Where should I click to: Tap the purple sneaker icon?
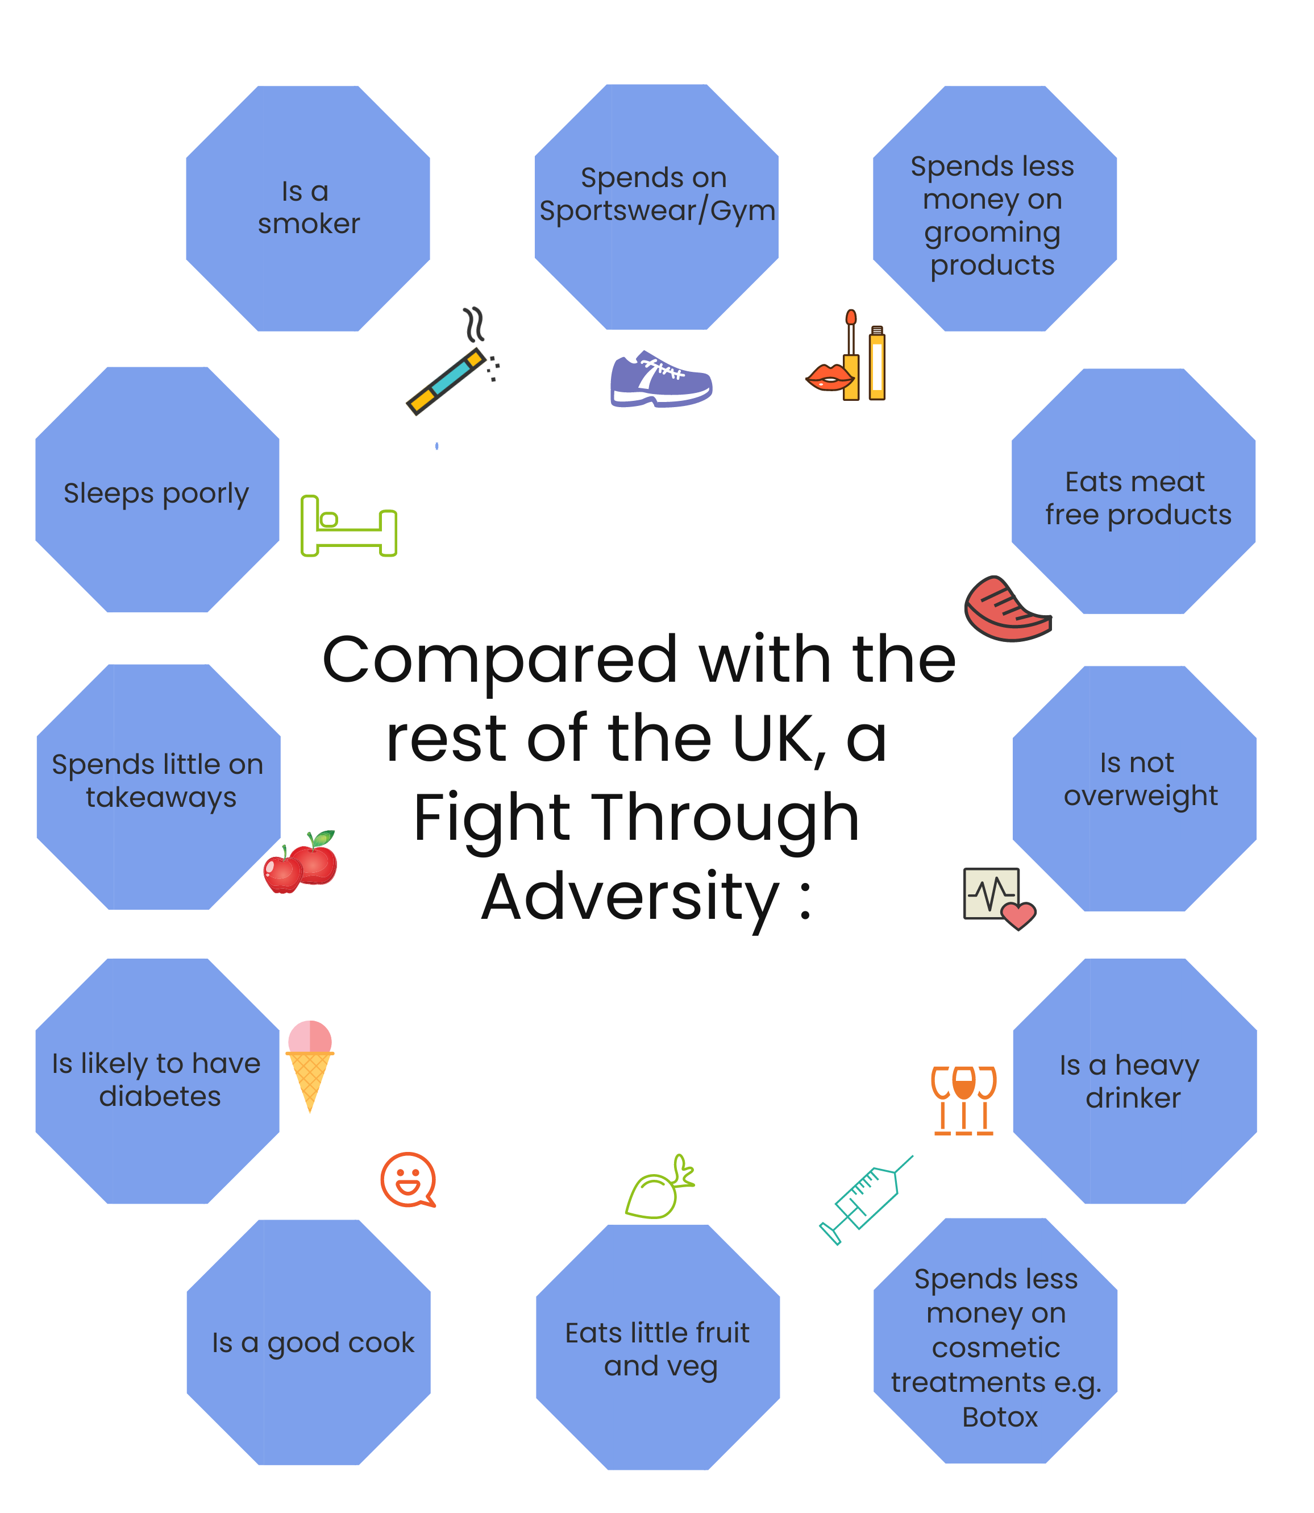[x=660, y=379]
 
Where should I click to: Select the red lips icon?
[x=830, y=378]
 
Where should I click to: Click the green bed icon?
[x=348, y=527]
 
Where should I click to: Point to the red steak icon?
[x=1007, y=609]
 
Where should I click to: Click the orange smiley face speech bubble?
[x=407, y=1179]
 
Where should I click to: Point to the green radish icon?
[x=659, y=1189]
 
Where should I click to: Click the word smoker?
[x=309, y=223]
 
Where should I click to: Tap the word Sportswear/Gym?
[x=657, y=211]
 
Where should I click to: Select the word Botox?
[x=1000, y=1417]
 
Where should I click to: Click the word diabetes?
[x=160, y=1096]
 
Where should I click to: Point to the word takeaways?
[x=161, y=797]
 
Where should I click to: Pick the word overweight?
[x=1140, y=796]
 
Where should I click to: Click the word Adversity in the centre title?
[x=631, y=897]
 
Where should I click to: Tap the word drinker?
[x=1133, y=1098]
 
